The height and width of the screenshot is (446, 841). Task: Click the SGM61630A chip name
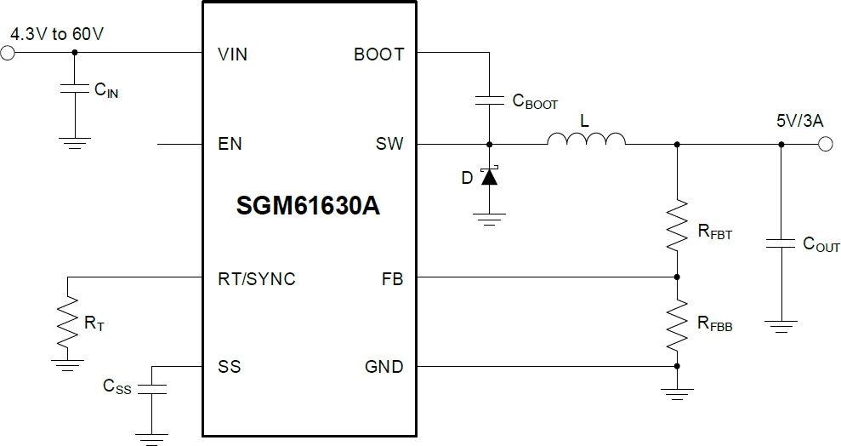(x=308, y=206)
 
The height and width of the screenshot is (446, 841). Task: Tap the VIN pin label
(x=232, y=54)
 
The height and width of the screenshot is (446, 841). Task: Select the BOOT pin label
(x=378, y=54)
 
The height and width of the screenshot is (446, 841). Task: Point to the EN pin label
(x=230, y=144)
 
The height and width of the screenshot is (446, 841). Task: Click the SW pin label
(x=389, y=144)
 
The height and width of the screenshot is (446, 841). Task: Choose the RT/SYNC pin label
(x=256, y=279)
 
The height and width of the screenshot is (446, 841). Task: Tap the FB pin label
(x=392, y=279)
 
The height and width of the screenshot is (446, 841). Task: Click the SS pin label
(x=229, y=367)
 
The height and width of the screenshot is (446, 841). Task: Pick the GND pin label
(x=384, y=367)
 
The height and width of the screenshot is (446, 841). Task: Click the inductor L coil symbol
(x=586, y=139)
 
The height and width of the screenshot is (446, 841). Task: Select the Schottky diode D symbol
(x=489, y=175)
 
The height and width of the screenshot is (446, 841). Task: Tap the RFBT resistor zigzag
(x=677, y=225)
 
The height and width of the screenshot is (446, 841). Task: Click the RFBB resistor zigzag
(x=677, y=324)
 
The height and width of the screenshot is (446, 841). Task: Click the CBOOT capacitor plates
(x=489, y=100)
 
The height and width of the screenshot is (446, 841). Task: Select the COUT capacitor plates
(x=781, y=243)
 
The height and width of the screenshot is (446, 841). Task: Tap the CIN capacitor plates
(x=75, y=88)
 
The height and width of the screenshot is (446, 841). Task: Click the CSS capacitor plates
(x=151, y=389)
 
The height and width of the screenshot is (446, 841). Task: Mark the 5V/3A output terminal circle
(x=826, y=144)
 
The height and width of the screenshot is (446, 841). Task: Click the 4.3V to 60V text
(x=57, y=34)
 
